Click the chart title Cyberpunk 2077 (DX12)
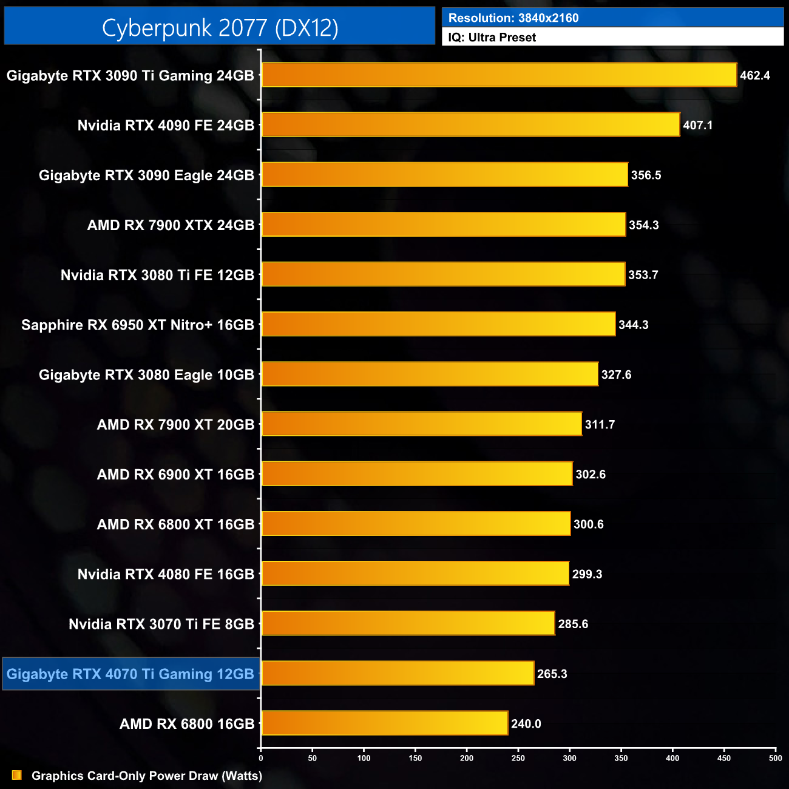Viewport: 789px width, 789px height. (220, 27)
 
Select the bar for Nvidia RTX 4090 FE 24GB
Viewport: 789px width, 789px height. (470, 125)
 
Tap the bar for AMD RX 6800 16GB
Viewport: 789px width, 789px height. (384, 723)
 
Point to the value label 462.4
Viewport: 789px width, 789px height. (755, 76)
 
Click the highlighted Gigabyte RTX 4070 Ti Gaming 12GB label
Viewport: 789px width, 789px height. (130, 674)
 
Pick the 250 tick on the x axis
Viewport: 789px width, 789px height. (518, 757)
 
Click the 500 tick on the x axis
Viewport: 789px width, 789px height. (776, 757)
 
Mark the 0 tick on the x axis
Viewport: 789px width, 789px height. (261, 757)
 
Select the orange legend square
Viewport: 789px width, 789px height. (17, 775)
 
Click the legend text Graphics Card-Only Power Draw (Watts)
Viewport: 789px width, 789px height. (147, 776)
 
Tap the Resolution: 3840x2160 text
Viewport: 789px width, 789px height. (513, 18)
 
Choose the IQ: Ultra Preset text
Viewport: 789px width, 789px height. (492, 38)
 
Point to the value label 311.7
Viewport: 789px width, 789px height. (600, 425)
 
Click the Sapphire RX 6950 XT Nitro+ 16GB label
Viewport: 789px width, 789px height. (138, 325)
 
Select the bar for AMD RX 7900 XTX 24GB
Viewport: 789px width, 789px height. (443, 225)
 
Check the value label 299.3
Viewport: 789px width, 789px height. (587, 574)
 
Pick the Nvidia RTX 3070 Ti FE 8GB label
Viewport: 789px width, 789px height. (161, 624)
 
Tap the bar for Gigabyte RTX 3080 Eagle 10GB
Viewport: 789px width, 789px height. (430, 374)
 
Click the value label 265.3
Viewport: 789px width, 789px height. (552, 674)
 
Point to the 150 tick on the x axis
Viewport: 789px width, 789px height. (415, 757)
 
